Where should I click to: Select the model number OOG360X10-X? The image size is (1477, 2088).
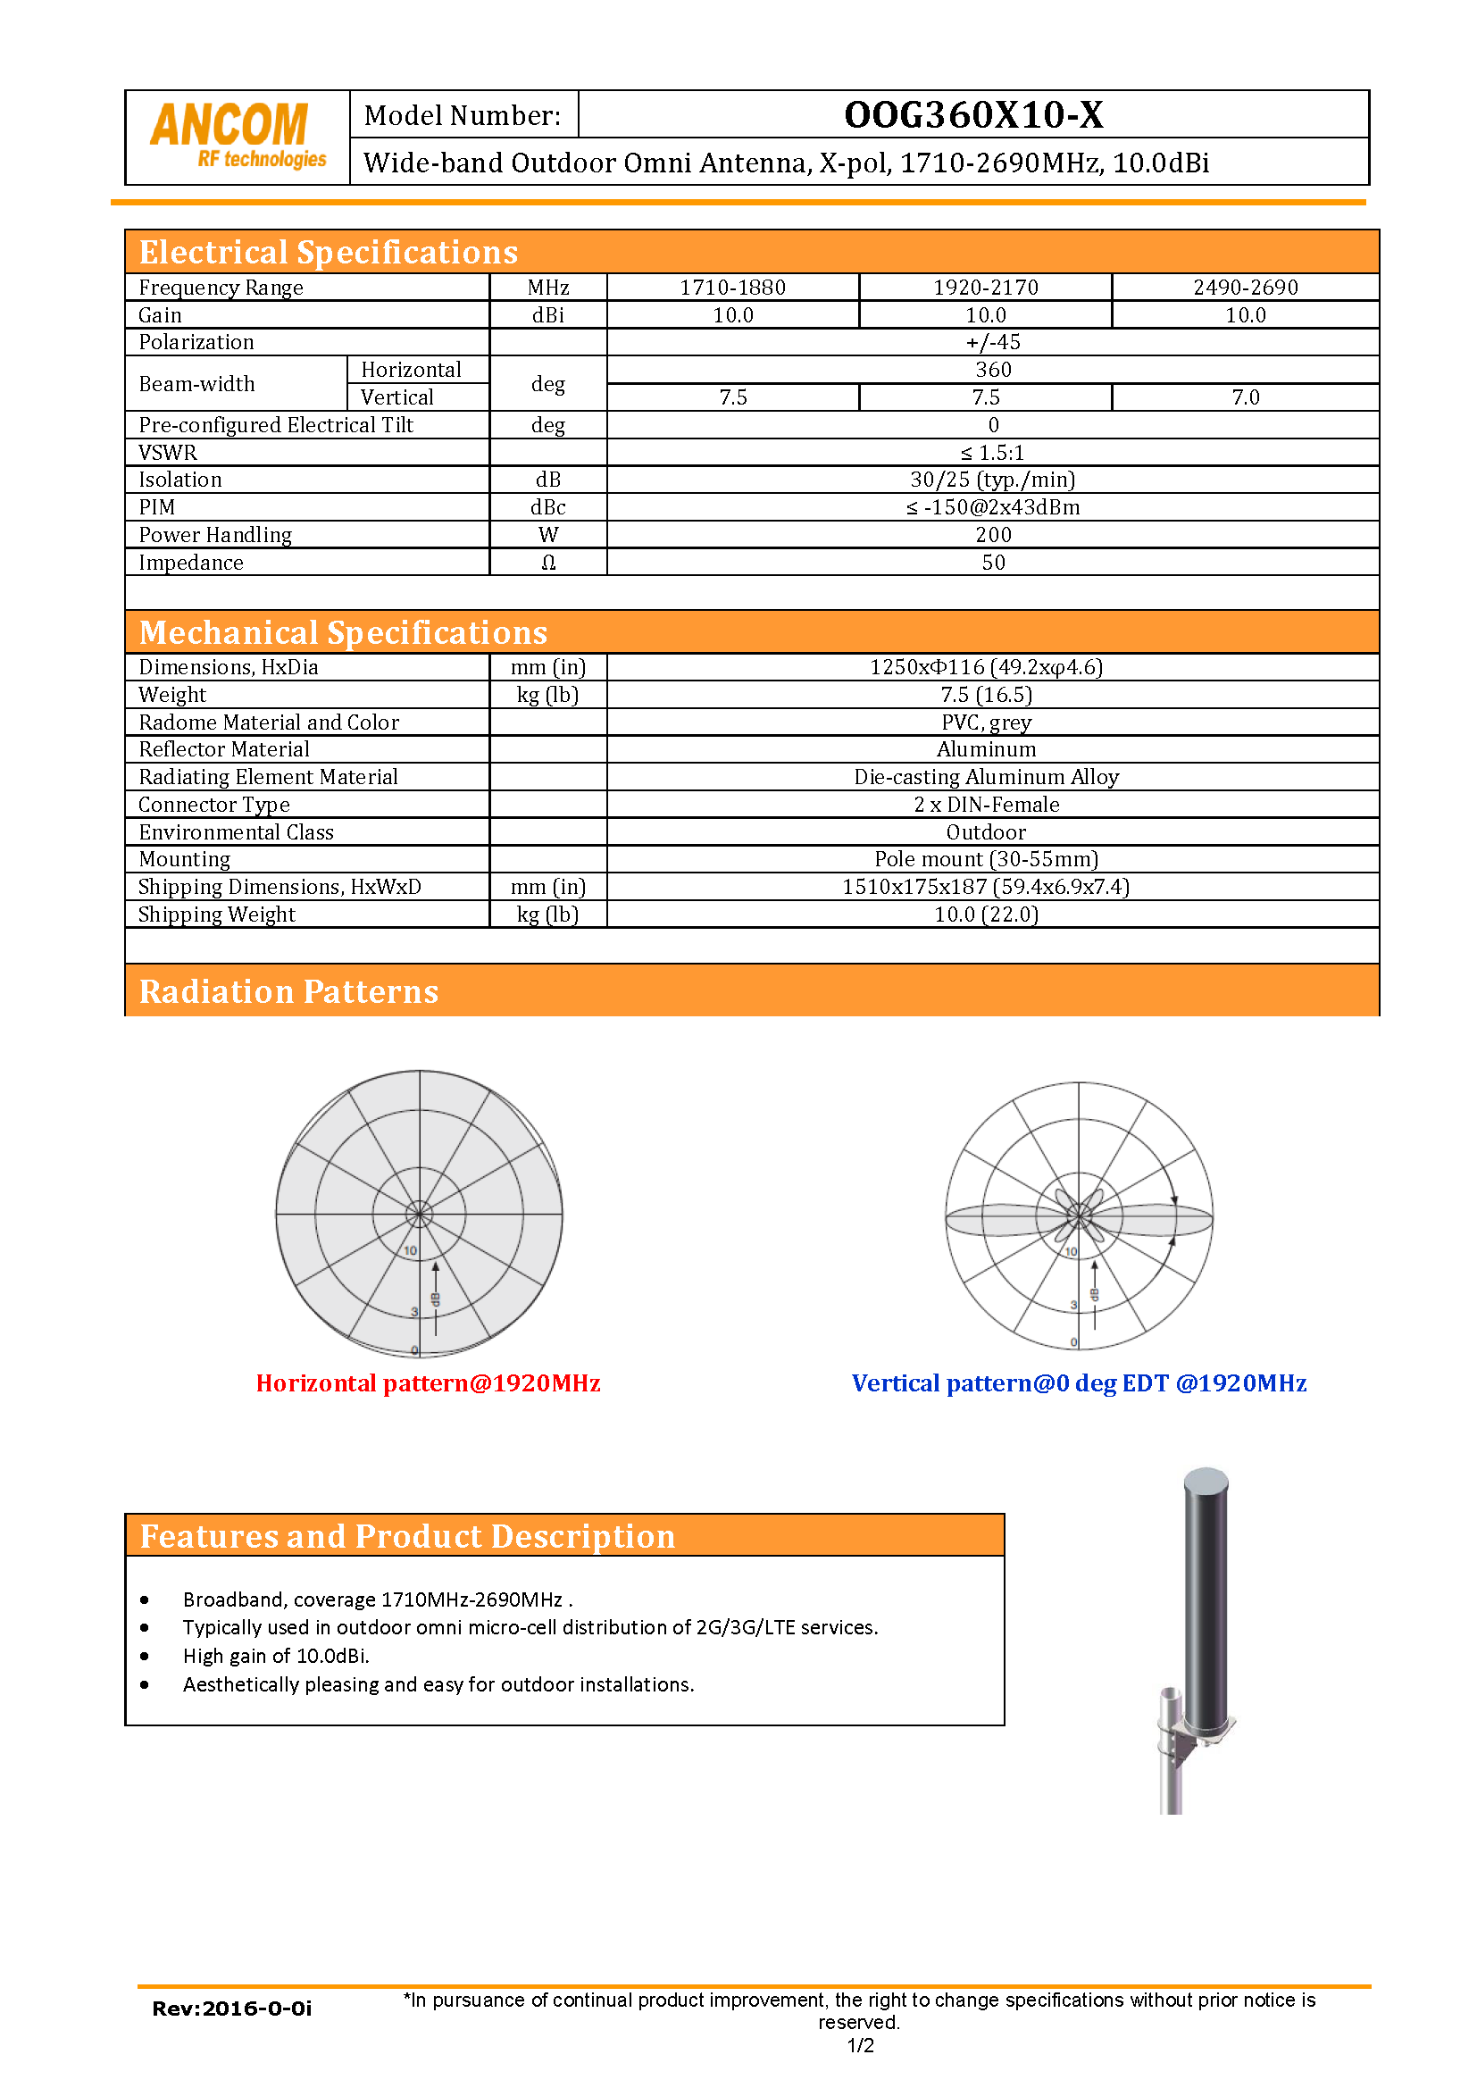(x=973, y=114)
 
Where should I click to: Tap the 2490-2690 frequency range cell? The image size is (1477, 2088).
(x=1245, y=288)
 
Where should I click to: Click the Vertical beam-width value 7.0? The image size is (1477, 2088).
(x=1245, y=397)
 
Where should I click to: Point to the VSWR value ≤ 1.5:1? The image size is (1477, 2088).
(x=992, y=453)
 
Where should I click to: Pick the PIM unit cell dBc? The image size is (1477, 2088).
(x=547, y=507)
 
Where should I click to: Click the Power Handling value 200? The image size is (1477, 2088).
(x=993, y=535)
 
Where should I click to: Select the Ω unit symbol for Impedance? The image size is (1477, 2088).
(x=547, y=563)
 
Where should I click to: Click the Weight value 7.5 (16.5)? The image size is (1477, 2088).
(x=986, y=695)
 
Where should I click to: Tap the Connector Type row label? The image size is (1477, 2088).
(x=213, y=805)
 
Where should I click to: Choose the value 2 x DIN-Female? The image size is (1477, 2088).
(x=986, y=805)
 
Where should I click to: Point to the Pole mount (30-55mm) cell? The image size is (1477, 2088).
(x=986, y=859)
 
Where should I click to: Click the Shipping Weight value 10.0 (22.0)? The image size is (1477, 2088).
(x=986, y=914)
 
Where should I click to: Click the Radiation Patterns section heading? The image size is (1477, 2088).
(x=288, y=991)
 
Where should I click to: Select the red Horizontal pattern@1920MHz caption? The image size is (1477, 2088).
(x=428, y=1383)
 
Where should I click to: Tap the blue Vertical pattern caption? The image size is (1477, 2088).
(x=1079, y=1383)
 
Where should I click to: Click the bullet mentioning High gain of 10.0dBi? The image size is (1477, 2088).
(x=276, y=1656)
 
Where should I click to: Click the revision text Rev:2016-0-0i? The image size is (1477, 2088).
(x=231, y=2009)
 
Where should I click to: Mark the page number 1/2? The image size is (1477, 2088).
(x=859, y=2046)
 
